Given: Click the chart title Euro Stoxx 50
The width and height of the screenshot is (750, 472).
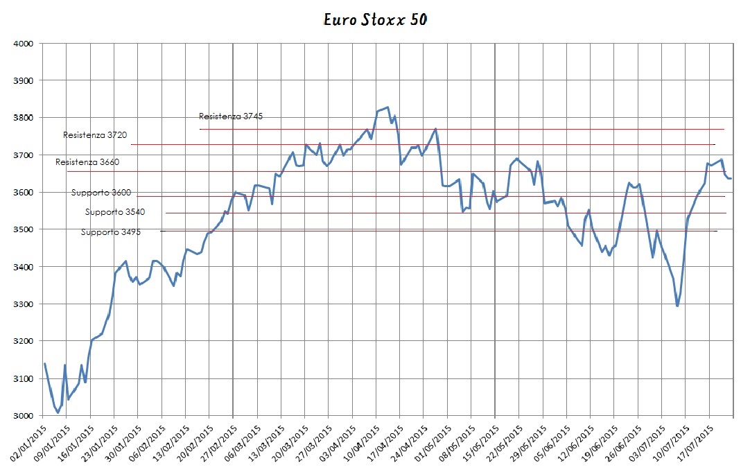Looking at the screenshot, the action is click(x=376, y=19).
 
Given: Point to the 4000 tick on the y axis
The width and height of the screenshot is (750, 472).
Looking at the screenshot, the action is click(x=24, y=44).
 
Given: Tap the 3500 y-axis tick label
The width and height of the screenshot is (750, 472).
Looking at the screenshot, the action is click(x=24, y=229).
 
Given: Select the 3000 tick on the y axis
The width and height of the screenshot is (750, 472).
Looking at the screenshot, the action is click(x=24, y=416).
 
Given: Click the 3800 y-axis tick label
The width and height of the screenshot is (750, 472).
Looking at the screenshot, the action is click(x=24, y=118).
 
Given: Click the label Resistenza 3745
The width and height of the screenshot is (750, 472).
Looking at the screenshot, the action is click(x=231, y=116).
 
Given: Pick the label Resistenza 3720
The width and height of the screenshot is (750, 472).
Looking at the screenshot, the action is click(x=95, y=135).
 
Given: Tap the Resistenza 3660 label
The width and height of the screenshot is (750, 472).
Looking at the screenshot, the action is click(x=87, y=162).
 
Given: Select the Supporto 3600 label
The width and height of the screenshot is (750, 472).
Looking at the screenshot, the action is click(x=101, y=193).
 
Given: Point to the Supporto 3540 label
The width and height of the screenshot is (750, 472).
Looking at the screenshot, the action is click(x=115, y=212).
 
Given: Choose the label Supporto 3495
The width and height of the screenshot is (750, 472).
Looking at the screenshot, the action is click(x=110, y=232).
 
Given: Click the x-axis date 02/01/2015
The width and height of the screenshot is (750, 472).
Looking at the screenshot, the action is click(x=27, y=444).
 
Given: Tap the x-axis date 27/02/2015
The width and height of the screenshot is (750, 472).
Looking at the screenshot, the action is click(x=217, y=444).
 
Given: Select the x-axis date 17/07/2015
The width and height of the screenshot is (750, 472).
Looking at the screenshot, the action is click(x=694, y=444).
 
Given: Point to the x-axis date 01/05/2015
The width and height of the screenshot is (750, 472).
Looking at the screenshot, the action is click(x=431, y=444).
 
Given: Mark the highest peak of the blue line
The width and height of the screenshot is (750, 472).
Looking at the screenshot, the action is click(x=387, y=107).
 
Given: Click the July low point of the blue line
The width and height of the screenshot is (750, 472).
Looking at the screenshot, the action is click(x=677, y=306).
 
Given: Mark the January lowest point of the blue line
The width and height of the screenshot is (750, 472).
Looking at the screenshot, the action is click(x=58, y=412).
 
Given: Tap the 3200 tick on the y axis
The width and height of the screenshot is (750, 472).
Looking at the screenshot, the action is click(x=24, y=342).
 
